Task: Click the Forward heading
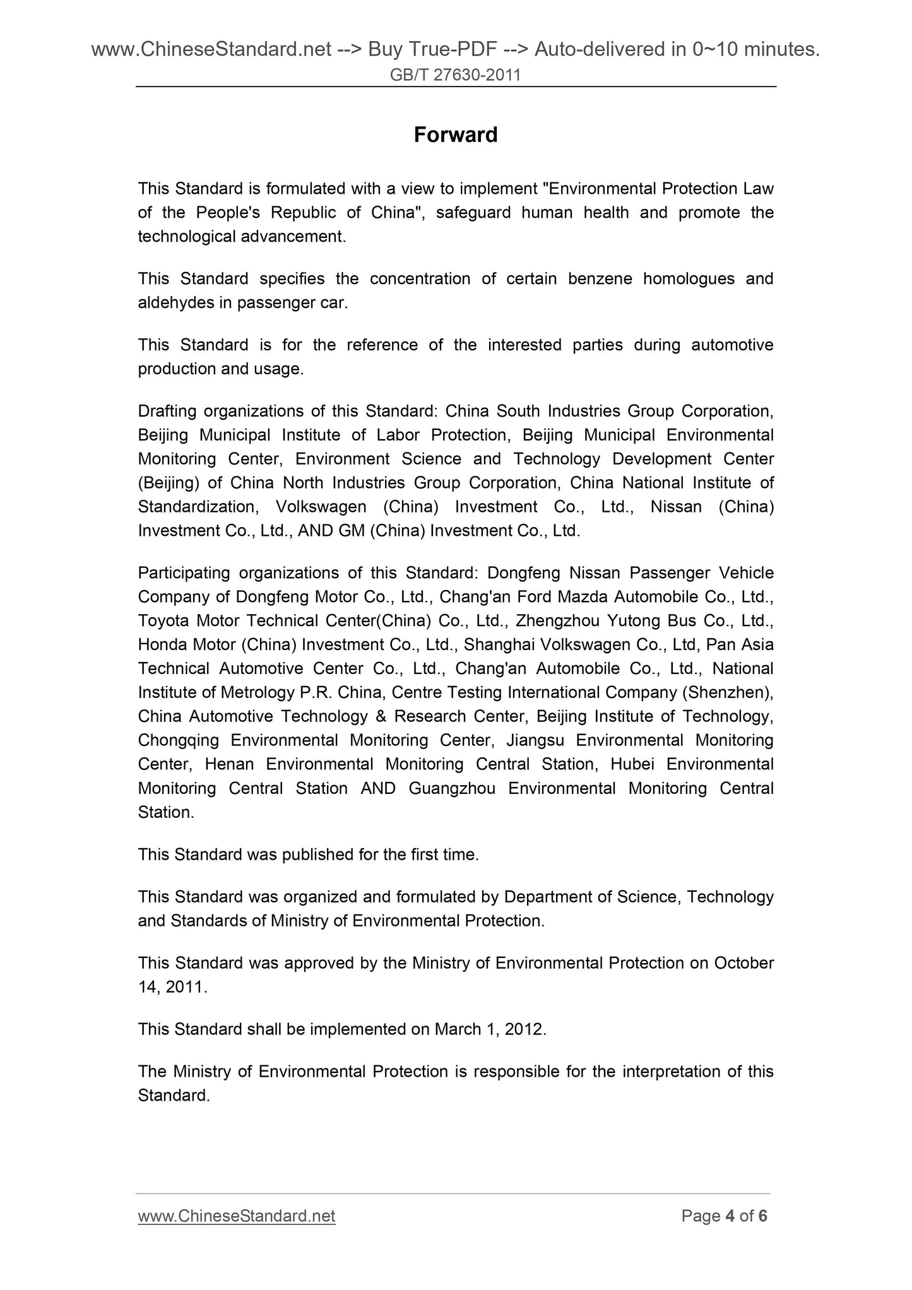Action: click(x=455, y=135)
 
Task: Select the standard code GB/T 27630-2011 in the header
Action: click(x=455, y=76)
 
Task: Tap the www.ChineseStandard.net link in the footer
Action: click(x=236, y=1216)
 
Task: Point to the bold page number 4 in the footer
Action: click(x=730, y=1216)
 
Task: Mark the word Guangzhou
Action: click(x=452, y=788)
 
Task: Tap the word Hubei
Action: click(x=632, y=764)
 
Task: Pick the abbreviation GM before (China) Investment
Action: click(x=352, y=531)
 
